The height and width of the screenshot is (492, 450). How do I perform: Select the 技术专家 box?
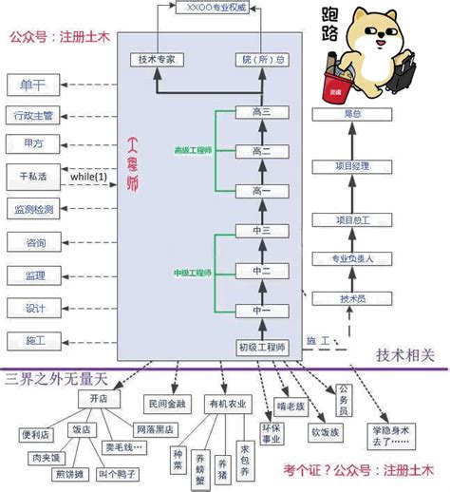point(157,60)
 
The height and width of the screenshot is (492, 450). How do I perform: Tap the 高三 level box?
point(262,112)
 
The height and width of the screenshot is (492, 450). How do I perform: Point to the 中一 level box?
point(262,311)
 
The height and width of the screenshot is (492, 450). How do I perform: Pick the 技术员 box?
point(352,298)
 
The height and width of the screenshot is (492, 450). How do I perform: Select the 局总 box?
point(352,113)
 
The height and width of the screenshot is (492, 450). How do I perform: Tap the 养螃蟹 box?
point(201,464)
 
